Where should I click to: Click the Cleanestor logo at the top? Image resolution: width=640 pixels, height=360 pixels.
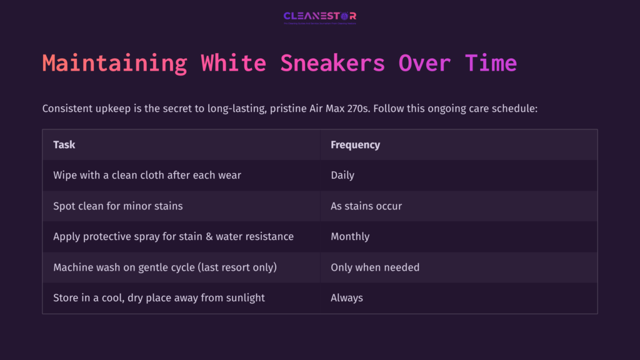tap(319, 17)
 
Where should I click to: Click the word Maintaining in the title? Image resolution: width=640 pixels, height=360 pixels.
tap(114, 63)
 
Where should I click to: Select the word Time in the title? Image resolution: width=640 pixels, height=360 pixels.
tap(491, 63)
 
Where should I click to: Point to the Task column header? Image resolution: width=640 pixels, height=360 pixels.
tap(64, 144)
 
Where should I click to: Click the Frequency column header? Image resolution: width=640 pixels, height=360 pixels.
tap(355, 144)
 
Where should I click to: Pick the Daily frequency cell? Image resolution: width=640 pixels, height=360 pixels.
tap(342, 175)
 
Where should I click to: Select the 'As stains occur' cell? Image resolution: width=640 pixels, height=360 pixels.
tap(366, 206)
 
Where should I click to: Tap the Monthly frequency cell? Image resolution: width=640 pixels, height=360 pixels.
tap(350, 236)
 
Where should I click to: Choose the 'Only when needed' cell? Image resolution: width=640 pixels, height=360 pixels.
tap(375, 267)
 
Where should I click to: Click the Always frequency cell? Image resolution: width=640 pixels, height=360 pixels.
tap(347, 297)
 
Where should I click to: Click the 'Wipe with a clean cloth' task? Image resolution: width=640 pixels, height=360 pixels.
tap(147, 175)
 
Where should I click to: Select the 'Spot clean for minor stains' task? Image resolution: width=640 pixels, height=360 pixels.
tap(118, 206)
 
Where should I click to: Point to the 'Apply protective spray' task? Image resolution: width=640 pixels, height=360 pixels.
tap(173, 236)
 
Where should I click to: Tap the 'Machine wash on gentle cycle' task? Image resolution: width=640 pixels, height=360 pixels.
tap(165, 267)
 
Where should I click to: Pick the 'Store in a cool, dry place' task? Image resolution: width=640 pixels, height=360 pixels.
tap(159, 297)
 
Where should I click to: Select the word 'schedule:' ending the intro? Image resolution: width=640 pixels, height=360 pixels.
tap(516, 109)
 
